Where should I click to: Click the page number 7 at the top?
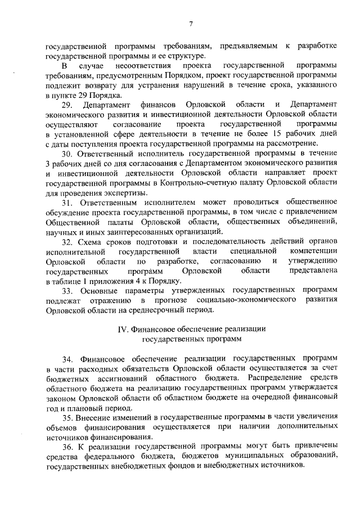tap(191, 23)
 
